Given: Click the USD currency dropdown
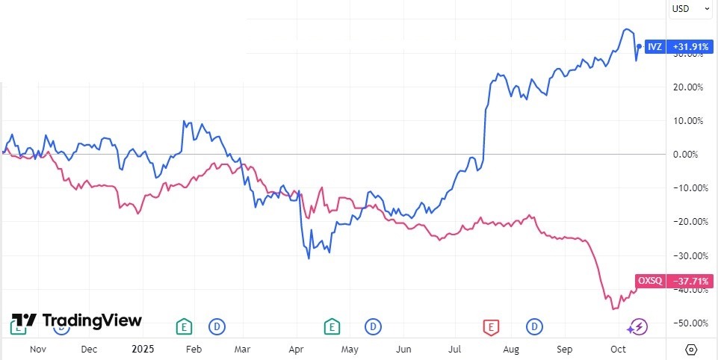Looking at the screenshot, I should point(690,9).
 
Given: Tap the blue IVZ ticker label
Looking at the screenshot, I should point(654,46).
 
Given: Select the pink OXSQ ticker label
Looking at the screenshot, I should point(652,281).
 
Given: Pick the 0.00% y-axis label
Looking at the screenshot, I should point(690,154).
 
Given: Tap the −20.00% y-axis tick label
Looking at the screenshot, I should point(688,221).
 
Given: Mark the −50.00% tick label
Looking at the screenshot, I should point(688,323).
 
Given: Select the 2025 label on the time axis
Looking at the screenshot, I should point(141,348).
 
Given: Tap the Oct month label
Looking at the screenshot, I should point(618,348).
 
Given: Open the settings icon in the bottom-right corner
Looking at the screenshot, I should point(690,348).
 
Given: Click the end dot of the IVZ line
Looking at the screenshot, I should point(639,46).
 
